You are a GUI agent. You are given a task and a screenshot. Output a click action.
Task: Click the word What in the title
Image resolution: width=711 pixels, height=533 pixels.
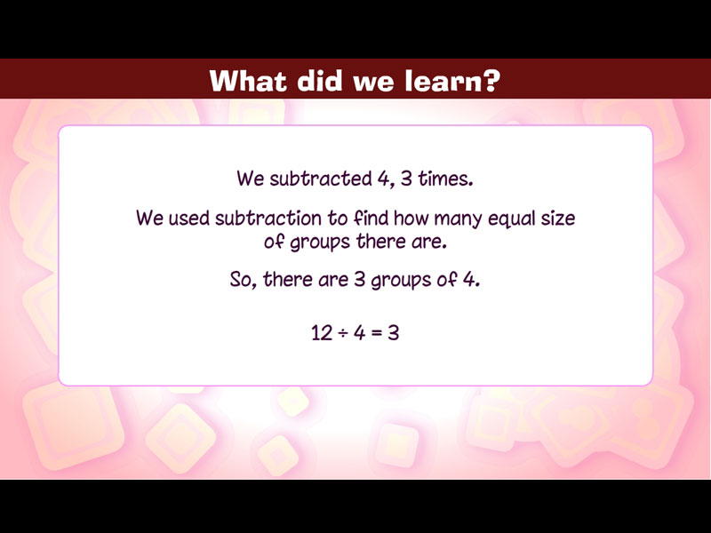[x=249, y=81]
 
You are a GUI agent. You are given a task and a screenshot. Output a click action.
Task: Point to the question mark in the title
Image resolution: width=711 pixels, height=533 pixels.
[x=492, y=81]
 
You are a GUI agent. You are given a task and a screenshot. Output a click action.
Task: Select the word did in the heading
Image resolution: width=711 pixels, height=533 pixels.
[x=319, y=81]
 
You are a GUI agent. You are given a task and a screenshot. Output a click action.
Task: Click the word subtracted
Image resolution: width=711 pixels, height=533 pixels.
[x=321, y=179]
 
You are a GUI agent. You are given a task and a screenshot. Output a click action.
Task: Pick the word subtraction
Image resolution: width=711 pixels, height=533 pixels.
[x=268, y=219]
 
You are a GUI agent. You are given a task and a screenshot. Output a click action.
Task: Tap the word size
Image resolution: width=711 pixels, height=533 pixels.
[x=558, y=219]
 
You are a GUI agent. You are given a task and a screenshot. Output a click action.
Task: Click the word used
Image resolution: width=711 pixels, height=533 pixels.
[x=189, y=219]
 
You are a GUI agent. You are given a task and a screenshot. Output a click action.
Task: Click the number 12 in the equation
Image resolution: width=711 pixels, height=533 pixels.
[x=322, y=332]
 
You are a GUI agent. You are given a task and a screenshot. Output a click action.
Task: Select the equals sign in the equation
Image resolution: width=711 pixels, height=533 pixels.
[x=376, y=333]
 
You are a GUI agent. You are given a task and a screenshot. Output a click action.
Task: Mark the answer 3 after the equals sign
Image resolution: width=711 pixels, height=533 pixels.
[x=393, y=332]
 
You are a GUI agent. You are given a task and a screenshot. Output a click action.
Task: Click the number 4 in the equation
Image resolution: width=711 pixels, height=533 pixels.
[x=360, y=332]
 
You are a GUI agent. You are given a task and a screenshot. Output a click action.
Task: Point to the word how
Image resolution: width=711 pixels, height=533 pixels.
[x=411, y=219]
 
